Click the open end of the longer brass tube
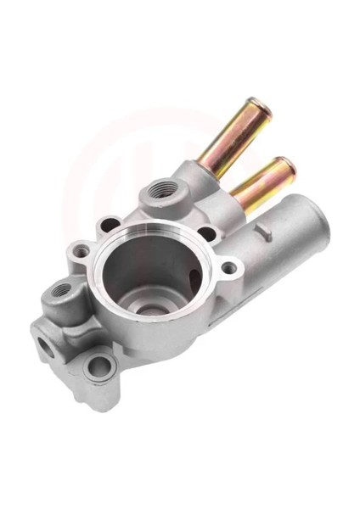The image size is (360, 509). (x=256, y=110)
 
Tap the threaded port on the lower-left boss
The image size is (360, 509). (x=62, y=291)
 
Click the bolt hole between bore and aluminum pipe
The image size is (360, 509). (x=228, y=270)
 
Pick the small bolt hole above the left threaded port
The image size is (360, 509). (x=82, y=251)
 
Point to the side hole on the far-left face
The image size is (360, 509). (x=42, y=345)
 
